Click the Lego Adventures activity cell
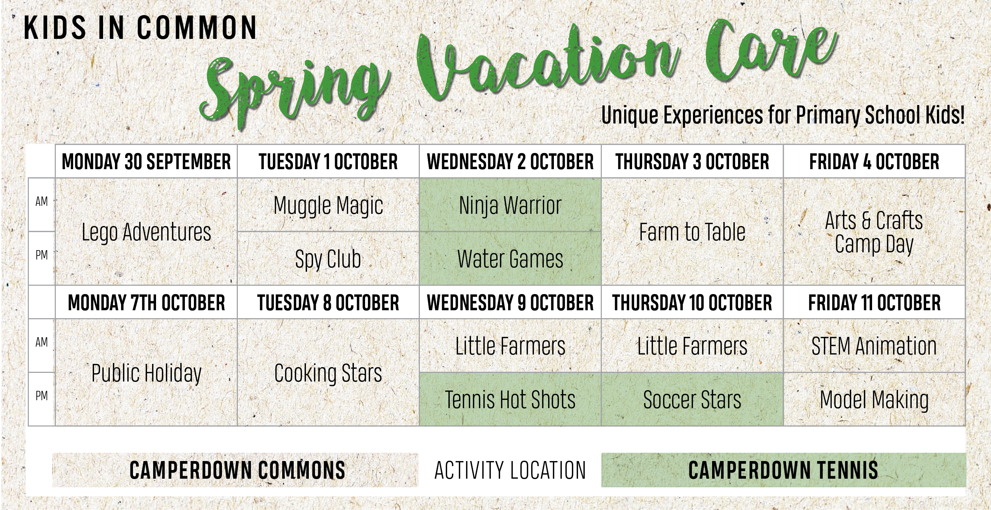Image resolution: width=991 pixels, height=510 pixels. [146, 231]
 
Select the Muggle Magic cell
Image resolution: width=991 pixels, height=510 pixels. [328, 205]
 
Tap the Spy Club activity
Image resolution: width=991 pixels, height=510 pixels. [328, 258]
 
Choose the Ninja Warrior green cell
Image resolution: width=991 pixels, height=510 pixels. [510, 205]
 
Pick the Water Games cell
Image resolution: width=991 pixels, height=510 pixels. [510, 258]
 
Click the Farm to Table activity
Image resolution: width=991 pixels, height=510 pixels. [692, 231]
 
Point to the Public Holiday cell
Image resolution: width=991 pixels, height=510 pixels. [146, 373]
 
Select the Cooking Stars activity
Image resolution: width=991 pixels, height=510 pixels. [328, 373]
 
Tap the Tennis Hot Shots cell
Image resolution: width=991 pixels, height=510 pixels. [510, 399]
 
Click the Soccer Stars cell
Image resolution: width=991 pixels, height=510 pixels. [692, 399]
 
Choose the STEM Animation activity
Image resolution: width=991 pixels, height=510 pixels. [874, 346]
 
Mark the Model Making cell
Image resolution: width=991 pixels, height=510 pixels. [874, 399]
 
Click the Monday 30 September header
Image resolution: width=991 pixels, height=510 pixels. [146, 161]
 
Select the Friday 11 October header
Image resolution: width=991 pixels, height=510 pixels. [874, 302]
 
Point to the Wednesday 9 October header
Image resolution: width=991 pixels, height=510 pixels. [510, 302]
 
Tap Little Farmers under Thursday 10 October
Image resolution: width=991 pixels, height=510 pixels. [692, 346]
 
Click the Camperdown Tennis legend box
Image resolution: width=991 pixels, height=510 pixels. [784, 470]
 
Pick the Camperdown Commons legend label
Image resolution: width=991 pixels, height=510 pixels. [237, 470]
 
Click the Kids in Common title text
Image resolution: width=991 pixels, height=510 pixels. [140, 28]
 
